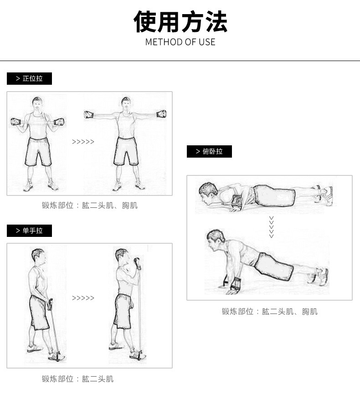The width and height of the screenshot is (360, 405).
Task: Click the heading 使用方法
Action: point(180,22)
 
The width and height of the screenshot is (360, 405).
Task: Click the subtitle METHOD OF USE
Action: point(180,42)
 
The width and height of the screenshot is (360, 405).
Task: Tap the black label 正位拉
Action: point(29,78)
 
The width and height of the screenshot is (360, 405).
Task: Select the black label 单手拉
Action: point(29,231)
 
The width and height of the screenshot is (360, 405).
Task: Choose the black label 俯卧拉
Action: point(209,151)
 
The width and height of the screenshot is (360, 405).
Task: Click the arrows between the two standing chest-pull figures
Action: point(83,142)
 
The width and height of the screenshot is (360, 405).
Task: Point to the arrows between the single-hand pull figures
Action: point(83,298)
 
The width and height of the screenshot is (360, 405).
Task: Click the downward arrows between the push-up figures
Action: point(271,227)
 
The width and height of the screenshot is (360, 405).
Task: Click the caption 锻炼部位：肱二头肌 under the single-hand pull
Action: point(78,379)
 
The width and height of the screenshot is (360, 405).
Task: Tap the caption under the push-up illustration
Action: point(270,312)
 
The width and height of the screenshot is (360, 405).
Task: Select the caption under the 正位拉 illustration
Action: point(90,205)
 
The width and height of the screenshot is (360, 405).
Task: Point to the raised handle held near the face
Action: point(137,263)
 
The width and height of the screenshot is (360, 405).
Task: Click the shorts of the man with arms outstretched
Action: point(126,151)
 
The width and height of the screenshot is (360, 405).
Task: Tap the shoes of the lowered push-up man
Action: point(324,195)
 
